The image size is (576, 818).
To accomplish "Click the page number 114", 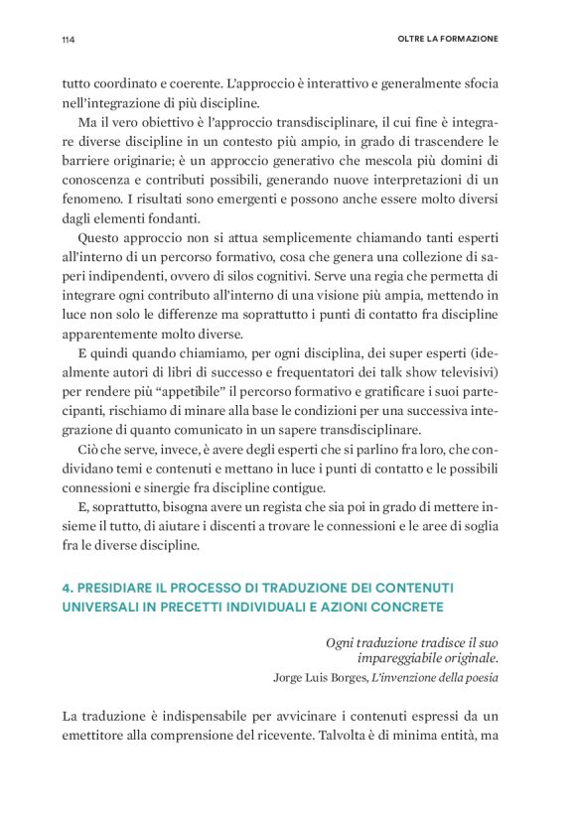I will click(x=69, y=40).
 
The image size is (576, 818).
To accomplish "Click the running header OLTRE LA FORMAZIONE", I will click(x=440, y=40).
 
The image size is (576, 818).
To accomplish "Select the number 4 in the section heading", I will click(x=68, y=587).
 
